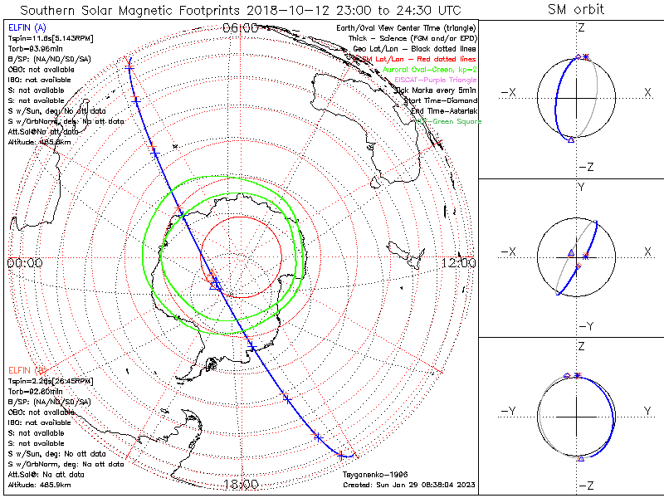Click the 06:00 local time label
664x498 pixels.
240,27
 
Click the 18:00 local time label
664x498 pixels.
240,484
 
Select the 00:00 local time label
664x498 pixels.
24,262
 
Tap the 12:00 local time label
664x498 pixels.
459,262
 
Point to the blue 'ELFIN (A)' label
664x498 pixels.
25,28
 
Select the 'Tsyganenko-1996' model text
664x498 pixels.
371,475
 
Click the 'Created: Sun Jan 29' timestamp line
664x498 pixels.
408,484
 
